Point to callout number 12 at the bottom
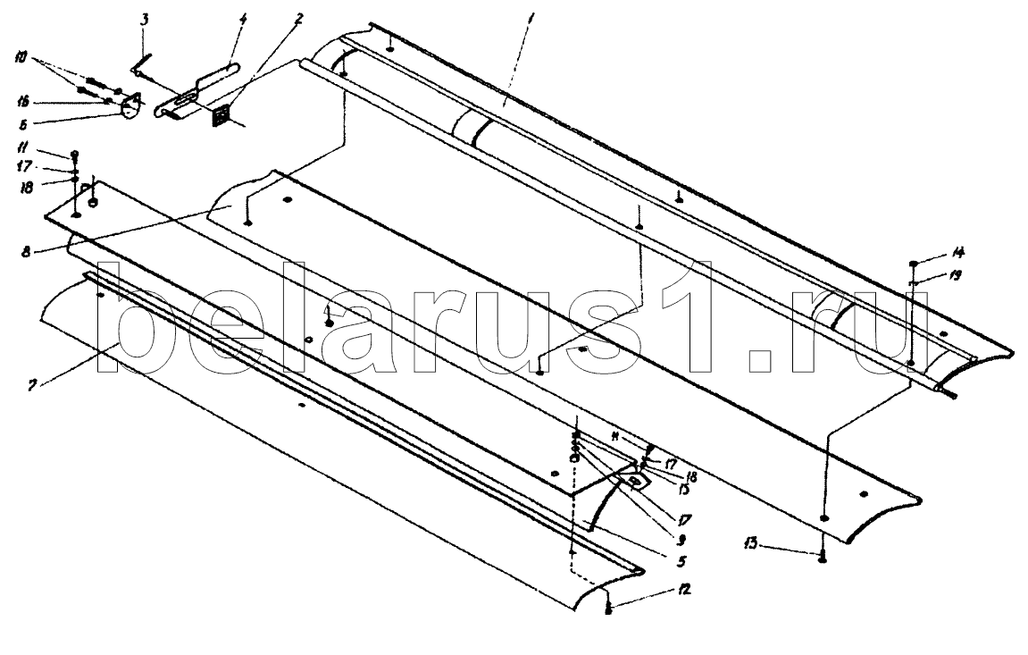coord(683,590)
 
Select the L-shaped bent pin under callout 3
coord(141,66)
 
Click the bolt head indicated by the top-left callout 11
coord(74,154)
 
